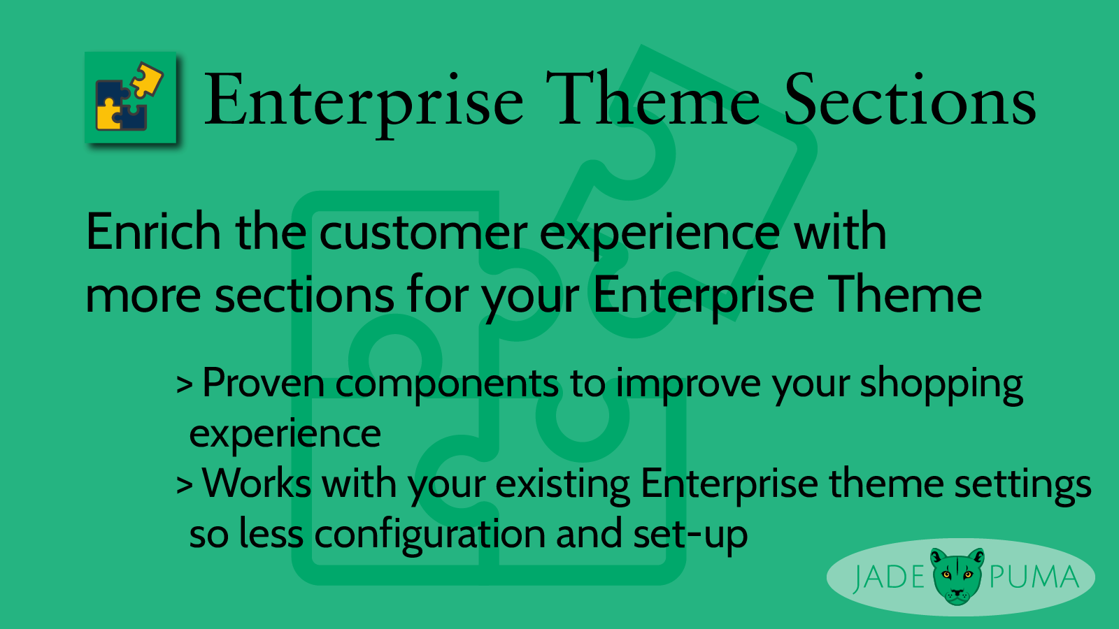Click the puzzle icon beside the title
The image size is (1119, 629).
click(x=130, y=97)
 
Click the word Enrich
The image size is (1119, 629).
click(x=153, y=231)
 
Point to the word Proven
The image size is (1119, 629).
click(x=263, y=383)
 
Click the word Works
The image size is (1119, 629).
click(x=257, y=483)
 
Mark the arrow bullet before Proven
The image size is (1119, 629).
click(x=185, y=384)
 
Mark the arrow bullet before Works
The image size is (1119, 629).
click(x=185, y=484)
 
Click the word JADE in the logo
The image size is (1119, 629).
click(x=889, y=577)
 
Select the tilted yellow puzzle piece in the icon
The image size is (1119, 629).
click(x=147, y=79)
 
